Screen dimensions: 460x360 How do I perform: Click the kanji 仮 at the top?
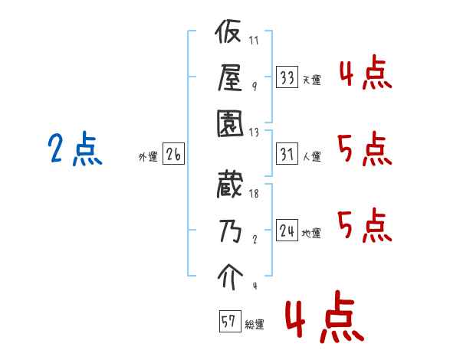point(229,35)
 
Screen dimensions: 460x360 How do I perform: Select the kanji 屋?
point(229,77)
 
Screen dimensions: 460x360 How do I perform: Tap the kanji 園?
point(229,122)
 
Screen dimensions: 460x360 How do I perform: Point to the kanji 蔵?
point(229,187)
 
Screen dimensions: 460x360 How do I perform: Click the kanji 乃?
point(229,231)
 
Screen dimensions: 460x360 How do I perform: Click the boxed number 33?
point(287,78)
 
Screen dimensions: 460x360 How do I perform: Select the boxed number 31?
point(287,155)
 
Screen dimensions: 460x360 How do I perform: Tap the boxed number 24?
point(287,231)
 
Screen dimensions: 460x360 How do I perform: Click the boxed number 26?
point(173,155)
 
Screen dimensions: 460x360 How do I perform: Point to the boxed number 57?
point(228,322)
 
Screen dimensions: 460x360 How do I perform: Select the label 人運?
point(311,157)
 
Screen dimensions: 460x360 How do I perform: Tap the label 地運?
point(311,234)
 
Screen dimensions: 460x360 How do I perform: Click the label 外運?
point(147,157)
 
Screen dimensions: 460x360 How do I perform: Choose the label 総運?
point(254,325)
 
